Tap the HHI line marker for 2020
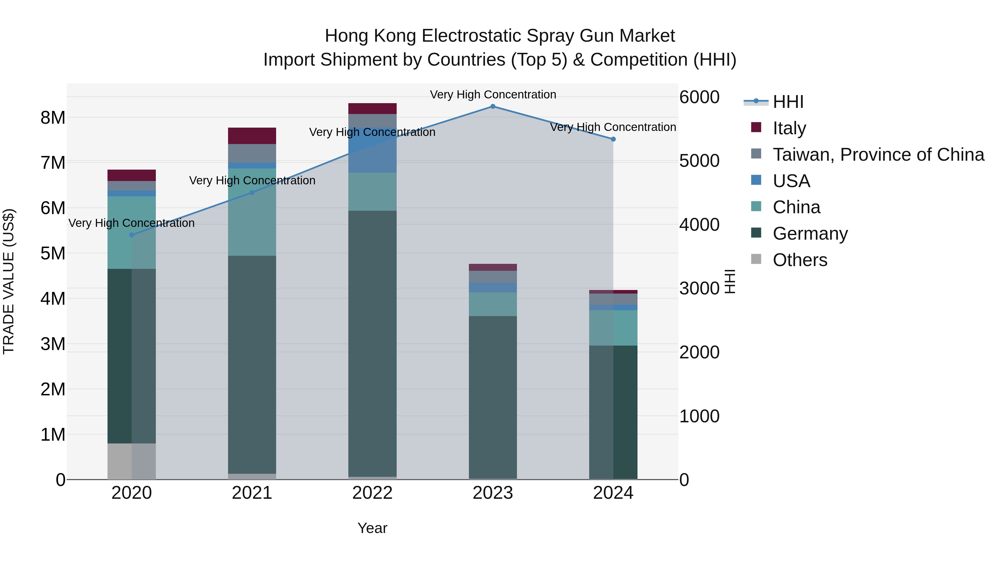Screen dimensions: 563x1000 point(132,235)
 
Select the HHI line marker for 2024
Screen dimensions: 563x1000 point(613,139)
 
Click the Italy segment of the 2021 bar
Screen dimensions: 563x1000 point(252,136)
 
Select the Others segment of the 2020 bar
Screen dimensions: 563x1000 point(132,461)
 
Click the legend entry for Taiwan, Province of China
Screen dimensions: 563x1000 point(878,155)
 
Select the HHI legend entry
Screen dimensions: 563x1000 point(788,102)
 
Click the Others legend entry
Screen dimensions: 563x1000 point(800,260)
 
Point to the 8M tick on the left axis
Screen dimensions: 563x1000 point(53,118)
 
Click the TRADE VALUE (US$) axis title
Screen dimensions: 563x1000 point(9,281)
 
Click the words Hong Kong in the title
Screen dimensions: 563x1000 point(371,36)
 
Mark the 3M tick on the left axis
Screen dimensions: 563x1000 point(53,344)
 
